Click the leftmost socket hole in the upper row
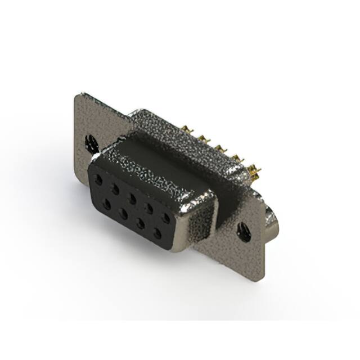tap(99, 181)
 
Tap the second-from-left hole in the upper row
tap(115, 189)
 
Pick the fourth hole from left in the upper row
tap(149, 207)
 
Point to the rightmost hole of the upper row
tap(166, 217)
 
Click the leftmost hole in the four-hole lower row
tap(106, 204)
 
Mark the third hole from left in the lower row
tap(139, 223)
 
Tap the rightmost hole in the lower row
tap(157, 232)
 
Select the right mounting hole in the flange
tap(244, 231)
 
